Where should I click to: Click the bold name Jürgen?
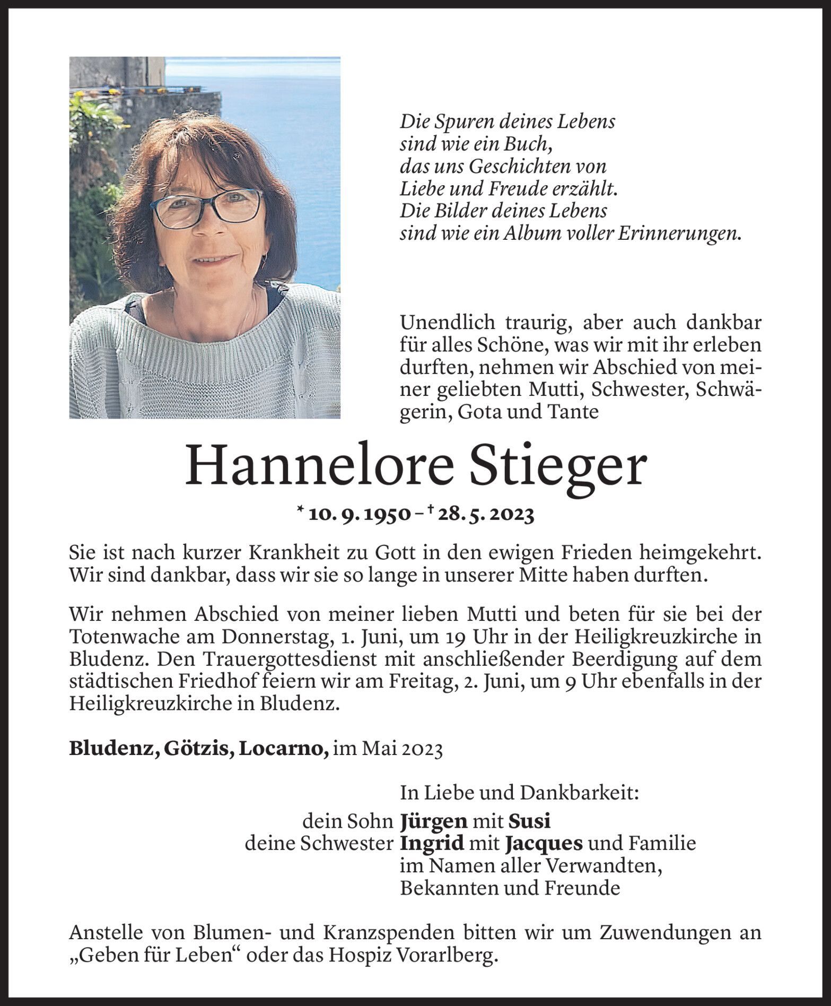pyautogui.click(x=434, y=821)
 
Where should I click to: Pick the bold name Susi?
pyautogui.click(x=529, y=821)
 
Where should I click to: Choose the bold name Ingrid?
pyautogui.click(x=432, y=843)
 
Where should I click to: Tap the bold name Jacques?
pyautogui.click(x=544, y=843)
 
